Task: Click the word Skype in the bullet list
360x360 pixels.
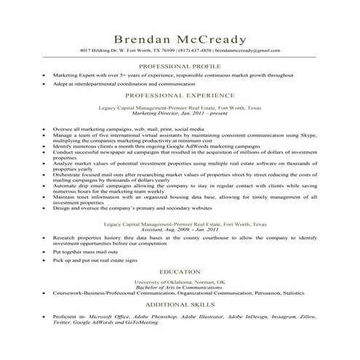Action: (311, 135)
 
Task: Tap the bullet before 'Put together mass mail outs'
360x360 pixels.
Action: (44, 251)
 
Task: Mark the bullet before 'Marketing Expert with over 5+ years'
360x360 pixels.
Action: (44, 75)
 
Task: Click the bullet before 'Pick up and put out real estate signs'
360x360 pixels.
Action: (44, 260)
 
